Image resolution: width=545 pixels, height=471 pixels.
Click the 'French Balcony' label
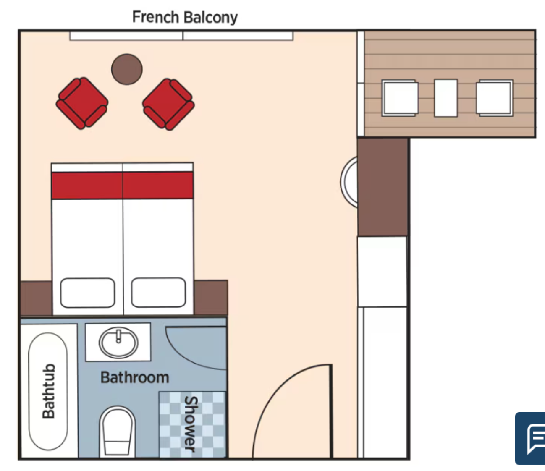pos(185,17)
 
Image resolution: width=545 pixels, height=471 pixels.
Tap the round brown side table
pos(127,69)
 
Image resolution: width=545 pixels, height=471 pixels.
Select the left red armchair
pos(82,103)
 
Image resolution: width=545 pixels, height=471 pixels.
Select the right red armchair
pos(168,104)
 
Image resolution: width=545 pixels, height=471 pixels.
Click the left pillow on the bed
pos(87,293)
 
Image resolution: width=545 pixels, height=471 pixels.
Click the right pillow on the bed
pos(158,292)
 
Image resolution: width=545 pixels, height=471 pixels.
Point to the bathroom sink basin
pos(118,343)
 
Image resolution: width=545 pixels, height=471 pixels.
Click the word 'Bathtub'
pos(49,391)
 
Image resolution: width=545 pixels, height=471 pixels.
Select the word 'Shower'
pos(191,424)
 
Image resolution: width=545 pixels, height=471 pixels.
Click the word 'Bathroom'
pos(135,377)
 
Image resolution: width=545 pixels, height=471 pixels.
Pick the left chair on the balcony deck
pos(400,98)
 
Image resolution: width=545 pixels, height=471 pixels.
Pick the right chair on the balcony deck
pos(495,98)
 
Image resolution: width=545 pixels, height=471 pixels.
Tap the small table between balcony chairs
pos(446,98)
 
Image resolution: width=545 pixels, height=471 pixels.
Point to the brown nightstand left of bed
pos(37,298)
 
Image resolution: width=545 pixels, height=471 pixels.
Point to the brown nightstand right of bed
pos(211,297)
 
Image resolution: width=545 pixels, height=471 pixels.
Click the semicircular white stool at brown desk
pos(349,182)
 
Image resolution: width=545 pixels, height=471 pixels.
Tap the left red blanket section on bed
pos(87,185)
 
